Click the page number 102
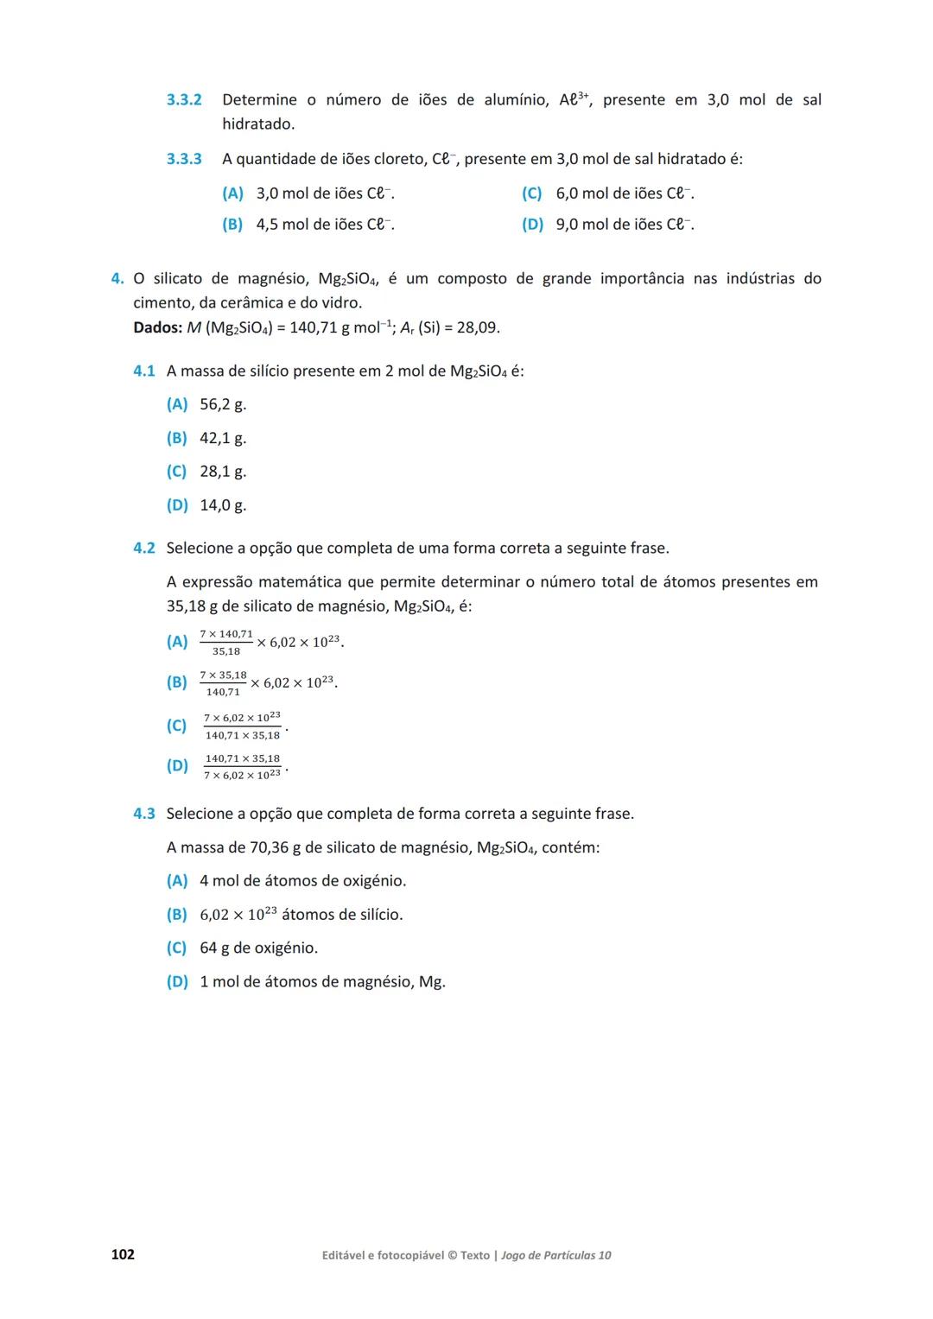click(123, 1254)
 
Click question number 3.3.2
click(184, 100)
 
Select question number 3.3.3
click(184, 159)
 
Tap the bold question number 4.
click(117, 279)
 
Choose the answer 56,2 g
click(223, 404)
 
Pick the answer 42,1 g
click(223, 438)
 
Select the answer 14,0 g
click(223, 505)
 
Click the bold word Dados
click(157, 328)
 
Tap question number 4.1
click(144, 371)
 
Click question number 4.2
click(144, 549)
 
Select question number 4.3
click(144, 814)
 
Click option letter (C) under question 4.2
click(177, 726)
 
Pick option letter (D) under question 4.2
click(177, 766)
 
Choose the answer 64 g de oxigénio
click(258, 948)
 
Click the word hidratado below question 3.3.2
click(257, 124)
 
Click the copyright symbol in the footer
click(452, 1255)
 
